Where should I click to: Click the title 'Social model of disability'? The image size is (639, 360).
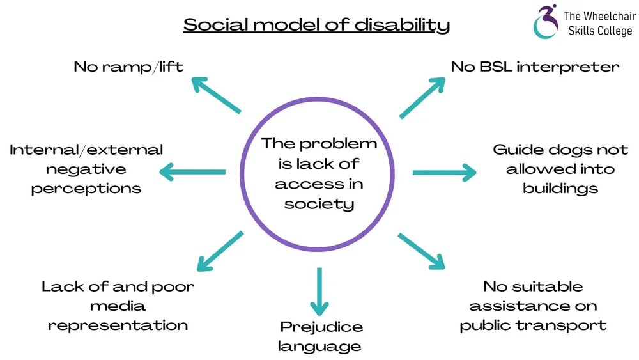pyautogui.click(x=316, y=25)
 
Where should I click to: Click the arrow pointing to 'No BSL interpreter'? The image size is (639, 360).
pyautogui.click(x=422, y=97)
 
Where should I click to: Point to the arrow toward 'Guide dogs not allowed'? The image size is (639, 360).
pyautogui.click(x=444, y=172)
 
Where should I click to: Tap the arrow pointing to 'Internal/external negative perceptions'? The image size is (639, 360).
pyautogui.click(x=192, y=171)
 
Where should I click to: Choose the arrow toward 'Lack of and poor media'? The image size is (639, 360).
pyautogui.click(x=219, y=251)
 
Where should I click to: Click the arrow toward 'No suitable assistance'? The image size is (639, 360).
pyautogui.click(x=421, y=251)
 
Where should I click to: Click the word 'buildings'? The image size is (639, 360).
pyautogui.click(x=560, y=188)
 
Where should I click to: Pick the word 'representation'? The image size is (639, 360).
pyautogui.click(x=118, y=325)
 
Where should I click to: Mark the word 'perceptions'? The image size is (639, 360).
pyautogui.click(x=86, y=189)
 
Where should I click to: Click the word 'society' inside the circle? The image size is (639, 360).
pyautogui.click(x=319, y=204)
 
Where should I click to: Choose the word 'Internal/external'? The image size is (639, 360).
pyautogui.click(x=86, y=150)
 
